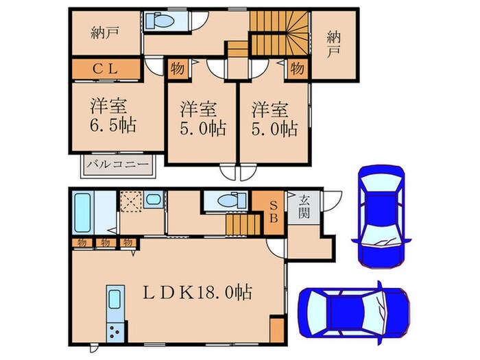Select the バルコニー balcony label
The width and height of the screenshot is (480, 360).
click(x=117, y=166)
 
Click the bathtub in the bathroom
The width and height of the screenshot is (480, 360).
click(x=82, y=213)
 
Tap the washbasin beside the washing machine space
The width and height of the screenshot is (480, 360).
click(x=154, y=201)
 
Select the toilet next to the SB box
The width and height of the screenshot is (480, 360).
click(x=226, y=200)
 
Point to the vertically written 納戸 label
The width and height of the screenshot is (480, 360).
click(x=333, y=43)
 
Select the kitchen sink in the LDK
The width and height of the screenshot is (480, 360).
click(x=114, y=300)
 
